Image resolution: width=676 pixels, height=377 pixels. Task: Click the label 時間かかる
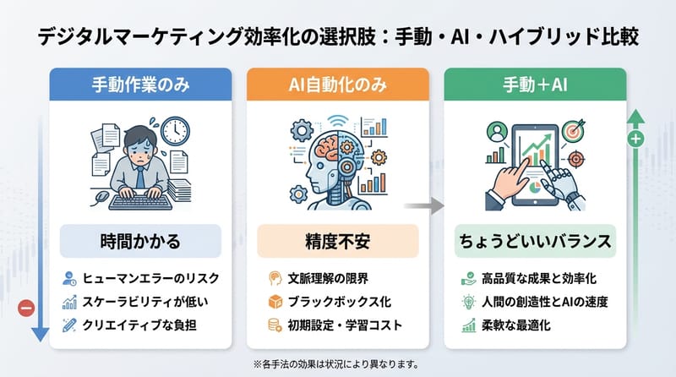140,240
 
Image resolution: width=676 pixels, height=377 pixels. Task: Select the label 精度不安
338,240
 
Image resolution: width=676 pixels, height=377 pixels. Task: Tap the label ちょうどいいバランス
536,240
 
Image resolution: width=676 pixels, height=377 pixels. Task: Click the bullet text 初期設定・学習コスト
347,325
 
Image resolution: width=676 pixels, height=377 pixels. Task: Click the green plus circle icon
636,138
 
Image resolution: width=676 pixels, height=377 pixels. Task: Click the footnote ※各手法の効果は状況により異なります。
338,364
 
